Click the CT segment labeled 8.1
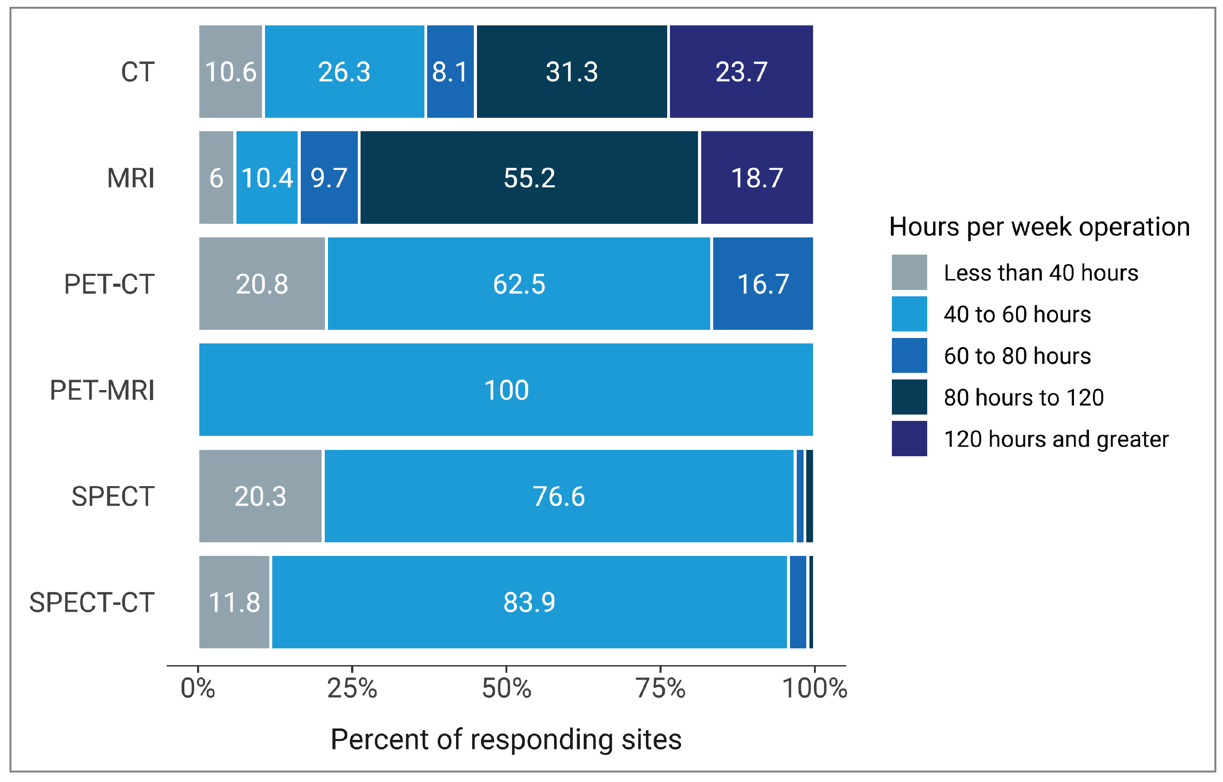450,72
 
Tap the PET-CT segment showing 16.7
762,284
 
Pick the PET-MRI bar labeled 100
506,390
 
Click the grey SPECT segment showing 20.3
260,497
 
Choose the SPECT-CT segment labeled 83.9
529,603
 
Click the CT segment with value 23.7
741,72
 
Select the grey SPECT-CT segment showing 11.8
234,603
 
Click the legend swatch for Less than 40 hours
909,272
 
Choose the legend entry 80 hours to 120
1023,397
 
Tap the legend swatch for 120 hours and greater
909,439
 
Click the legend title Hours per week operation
1039,227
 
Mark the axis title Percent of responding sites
506,739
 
